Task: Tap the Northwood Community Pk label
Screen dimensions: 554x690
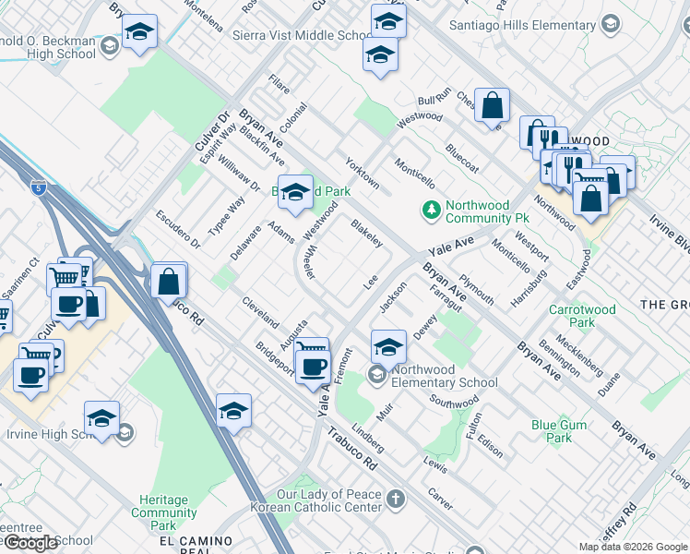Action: pos(478,211)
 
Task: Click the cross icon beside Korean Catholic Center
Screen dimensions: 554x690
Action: pos(396,500)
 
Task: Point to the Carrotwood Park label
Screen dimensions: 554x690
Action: pos(583,317)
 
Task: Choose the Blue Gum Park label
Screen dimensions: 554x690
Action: pos(558,431)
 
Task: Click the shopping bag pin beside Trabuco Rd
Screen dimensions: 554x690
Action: pos(169,281)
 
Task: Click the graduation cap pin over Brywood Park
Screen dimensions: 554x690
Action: pos(295,192)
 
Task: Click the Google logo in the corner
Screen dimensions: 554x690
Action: pos(30,543)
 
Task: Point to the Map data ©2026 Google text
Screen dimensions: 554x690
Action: pos(633,547)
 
